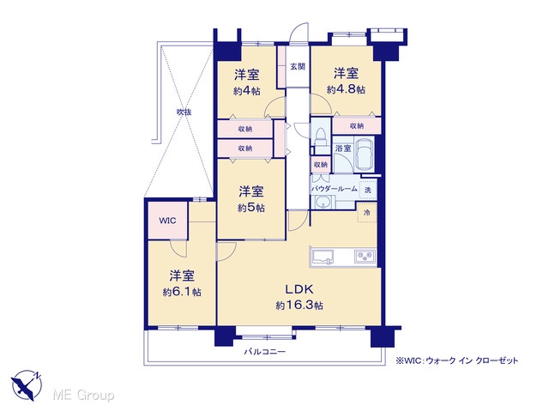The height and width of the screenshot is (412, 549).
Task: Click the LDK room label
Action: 299,289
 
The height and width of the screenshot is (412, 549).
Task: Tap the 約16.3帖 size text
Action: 299,306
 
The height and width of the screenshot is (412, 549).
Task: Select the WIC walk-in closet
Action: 168,221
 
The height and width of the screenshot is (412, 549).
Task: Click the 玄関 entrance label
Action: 298,66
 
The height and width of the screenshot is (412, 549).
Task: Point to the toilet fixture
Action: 320,136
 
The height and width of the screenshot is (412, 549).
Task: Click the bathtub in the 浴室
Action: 365,154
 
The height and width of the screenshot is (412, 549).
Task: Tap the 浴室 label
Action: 343,148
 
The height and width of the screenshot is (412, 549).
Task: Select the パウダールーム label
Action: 334,189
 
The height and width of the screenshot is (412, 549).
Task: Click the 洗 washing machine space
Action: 368,191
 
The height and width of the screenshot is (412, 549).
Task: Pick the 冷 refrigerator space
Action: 367,212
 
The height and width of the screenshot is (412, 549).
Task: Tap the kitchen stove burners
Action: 365,257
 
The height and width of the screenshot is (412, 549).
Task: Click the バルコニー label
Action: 265,351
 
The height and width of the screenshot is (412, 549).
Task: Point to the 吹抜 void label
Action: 184,112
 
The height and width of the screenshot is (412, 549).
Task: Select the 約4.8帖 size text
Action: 346,89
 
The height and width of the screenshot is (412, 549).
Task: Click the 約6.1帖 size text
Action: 182,292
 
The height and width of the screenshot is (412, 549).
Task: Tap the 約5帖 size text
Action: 251,208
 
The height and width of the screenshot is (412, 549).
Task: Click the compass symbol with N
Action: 26,385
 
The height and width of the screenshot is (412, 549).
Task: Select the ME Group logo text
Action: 83,396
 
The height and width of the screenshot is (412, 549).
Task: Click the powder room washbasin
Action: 322,203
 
